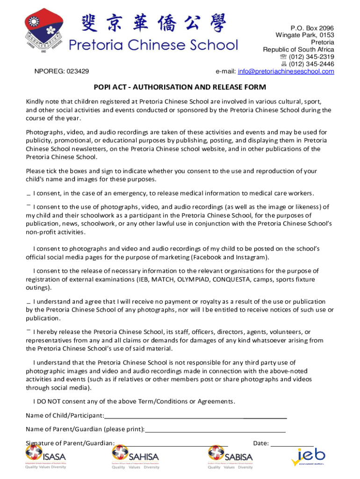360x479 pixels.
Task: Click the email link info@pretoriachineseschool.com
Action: tap(286, 72)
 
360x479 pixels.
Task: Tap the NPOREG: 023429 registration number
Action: tap(62, 72)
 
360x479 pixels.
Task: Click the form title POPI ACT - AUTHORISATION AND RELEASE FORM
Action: tap(180, 87)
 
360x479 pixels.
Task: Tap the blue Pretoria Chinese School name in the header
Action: tap(153, 45)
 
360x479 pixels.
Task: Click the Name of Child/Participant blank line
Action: tap(195, 416)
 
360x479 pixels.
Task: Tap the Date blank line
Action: tap(292, 443)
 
